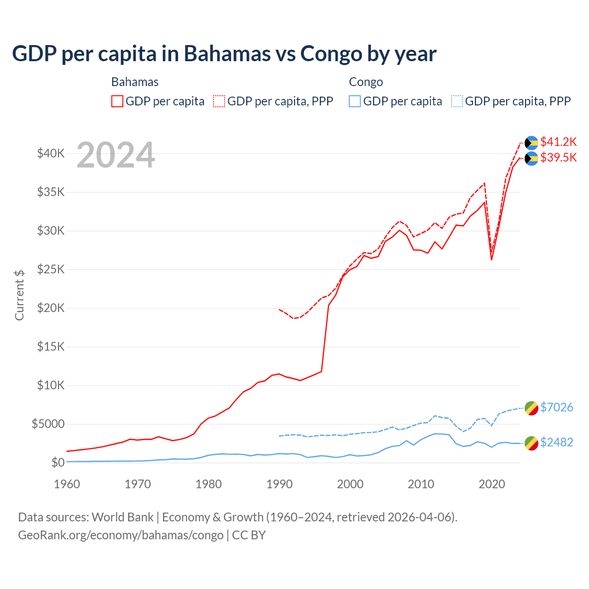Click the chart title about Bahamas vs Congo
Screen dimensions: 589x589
[224, 54]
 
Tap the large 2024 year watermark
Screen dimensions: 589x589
[115, 155]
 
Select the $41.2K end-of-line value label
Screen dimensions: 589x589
[558, 142]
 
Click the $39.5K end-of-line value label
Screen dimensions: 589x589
[558, 157]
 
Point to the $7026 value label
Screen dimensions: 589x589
[556, 407]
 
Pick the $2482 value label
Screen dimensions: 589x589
[556, 442]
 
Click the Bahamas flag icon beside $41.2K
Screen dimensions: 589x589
[531, 143]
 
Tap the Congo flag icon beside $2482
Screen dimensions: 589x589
[531, 443]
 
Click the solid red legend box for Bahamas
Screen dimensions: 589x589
[117, 101]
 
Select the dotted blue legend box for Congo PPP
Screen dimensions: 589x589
[457, 101]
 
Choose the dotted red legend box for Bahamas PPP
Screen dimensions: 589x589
[219, 101]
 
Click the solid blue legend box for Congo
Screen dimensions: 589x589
[355, 101]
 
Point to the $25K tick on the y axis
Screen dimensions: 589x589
[51, 269]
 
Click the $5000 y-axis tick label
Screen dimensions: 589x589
[48, 424]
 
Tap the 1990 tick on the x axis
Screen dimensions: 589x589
[279, 484]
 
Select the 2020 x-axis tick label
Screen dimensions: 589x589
[492, 484]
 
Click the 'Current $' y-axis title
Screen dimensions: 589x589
[19, 295]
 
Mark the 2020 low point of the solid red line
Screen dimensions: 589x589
[492, 260]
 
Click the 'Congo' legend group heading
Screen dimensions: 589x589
[366, 82]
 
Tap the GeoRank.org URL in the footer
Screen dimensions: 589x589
[121, 535]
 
